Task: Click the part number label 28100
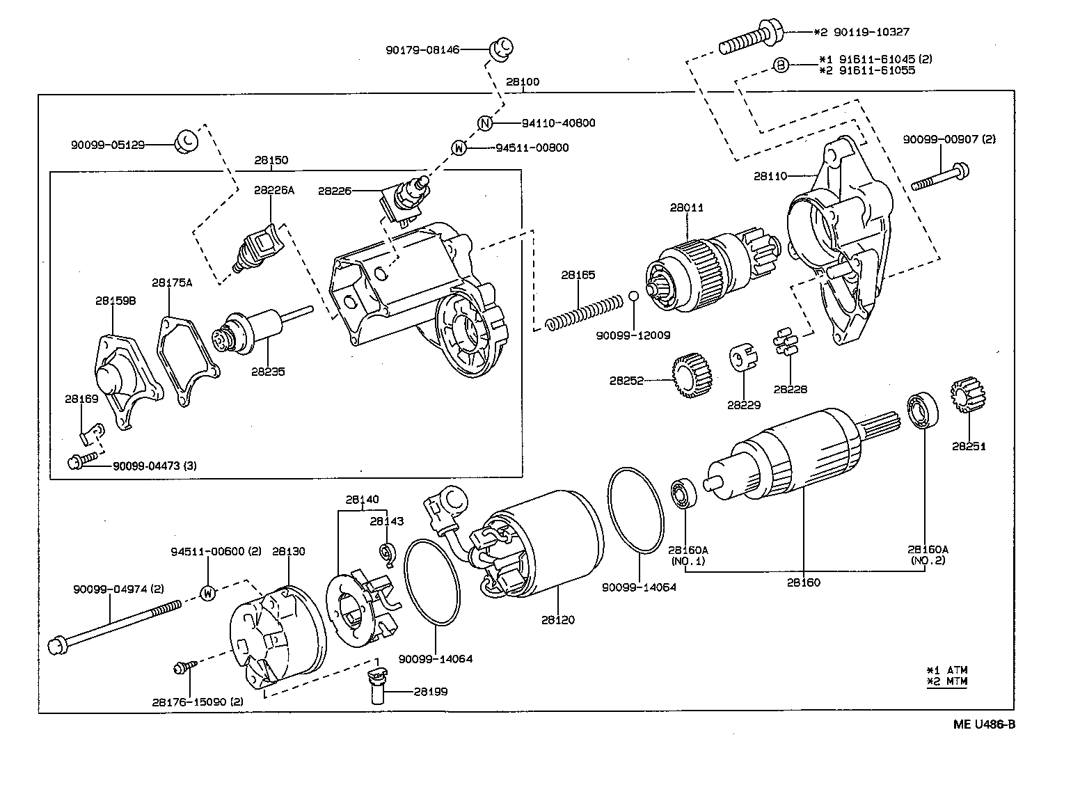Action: pos(522,82)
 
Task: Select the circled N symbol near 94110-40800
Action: pos(486,123)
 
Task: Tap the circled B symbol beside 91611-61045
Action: pos(781,65)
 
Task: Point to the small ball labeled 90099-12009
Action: pos(633,295)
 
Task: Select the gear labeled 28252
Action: pos(694,376)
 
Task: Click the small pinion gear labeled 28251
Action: pos(965,397)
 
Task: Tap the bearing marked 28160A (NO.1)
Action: pos(680,493)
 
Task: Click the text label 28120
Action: pos(558,619)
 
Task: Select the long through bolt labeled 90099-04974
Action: pos(115,622)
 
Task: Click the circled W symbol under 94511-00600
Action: pos(207,593)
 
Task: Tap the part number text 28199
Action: pos(431,692)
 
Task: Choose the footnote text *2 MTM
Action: pos(947,681)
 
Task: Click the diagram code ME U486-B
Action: pos(984,724)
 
